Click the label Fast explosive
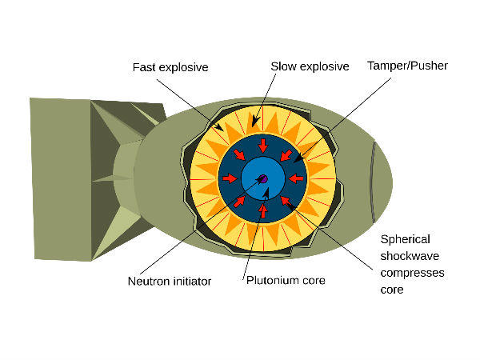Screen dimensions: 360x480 point(170,67)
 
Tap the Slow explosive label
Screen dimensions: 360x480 point(310,66)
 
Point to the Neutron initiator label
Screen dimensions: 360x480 point(166,281)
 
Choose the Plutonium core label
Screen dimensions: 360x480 point(286,281)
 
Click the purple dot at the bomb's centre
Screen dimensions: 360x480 point(262,178)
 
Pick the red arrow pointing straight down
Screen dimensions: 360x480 point(262,146)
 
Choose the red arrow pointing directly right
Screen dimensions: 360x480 point(230,178)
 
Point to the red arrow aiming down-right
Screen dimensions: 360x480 point(239,155)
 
